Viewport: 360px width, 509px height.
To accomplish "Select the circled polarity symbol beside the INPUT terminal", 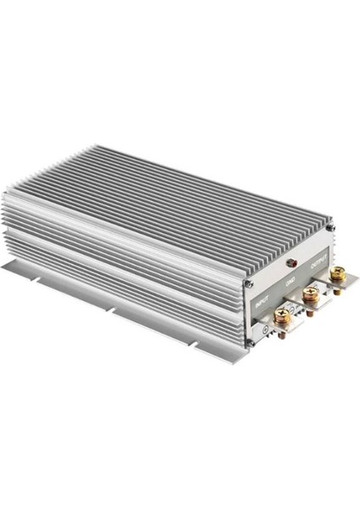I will coord(265,327).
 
